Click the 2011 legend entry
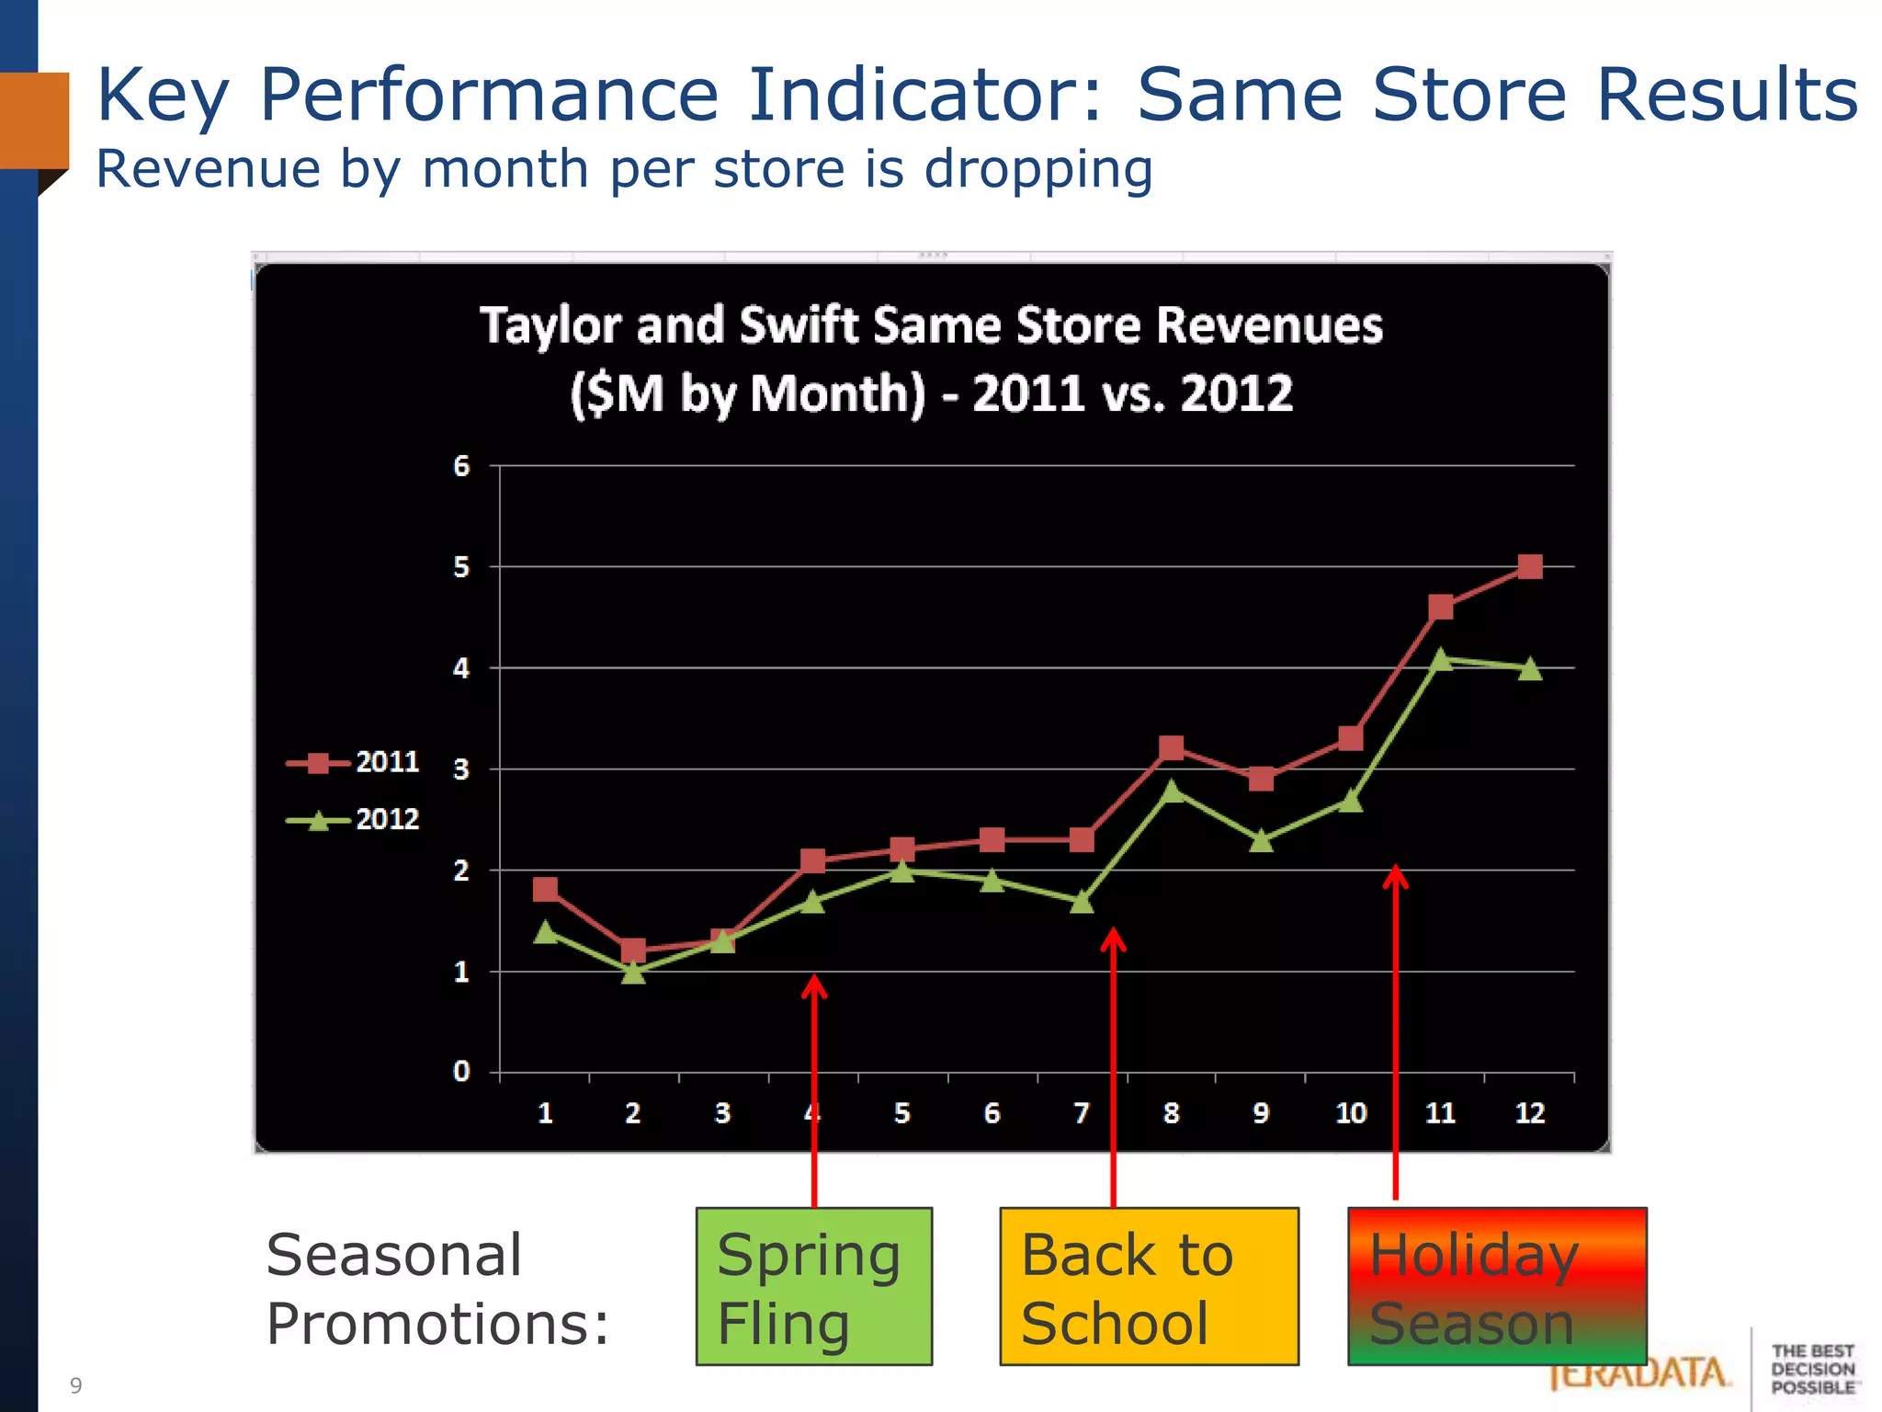[x=354, y=763]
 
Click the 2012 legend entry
[x=354, y=820]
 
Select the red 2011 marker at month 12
[x=1529, y=566]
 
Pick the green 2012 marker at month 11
[x=1441, y=659]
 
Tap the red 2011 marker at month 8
[x=1171, y=747]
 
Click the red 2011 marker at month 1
[x=545, y=889]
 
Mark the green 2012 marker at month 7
[x=1082, y=902]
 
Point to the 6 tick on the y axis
[x=461, y=467]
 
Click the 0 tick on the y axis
[x=461, y=1072]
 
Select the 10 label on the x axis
[x=1351, y=1113]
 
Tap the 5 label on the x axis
[x=902, y=1113]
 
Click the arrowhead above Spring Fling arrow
[x=814, y=985]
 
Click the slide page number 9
[x=76, y=1385]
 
